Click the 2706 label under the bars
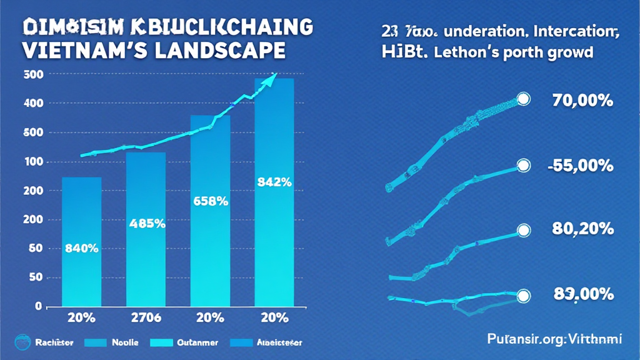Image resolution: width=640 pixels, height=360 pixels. [x=146, y=317]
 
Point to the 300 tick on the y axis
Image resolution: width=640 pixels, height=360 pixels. [x=33, y=74]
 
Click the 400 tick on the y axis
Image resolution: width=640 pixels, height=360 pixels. [x=33, y=103]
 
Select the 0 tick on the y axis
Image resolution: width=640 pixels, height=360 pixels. [x=38, y=306]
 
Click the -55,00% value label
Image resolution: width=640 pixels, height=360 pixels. [x=581, y=166]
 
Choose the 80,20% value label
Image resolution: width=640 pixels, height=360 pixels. [x=582, y=229]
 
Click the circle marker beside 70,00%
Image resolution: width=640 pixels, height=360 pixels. [x=523, y=99]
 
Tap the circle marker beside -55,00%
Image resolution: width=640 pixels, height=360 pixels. [x=523, y=166]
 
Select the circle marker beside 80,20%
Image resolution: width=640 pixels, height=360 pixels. [x=523, y=232]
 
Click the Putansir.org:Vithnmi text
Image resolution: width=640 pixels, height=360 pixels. [x=554, y=339]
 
